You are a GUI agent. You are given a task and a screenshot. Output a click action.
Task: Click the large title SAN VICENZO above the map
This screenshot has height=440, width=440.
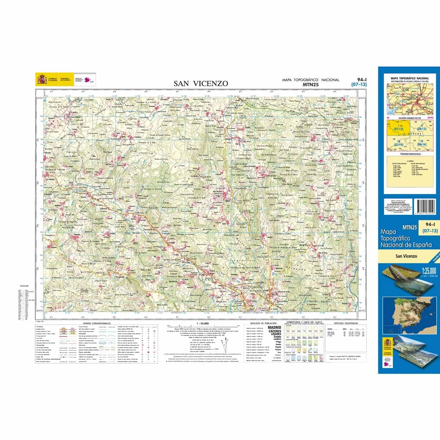201,84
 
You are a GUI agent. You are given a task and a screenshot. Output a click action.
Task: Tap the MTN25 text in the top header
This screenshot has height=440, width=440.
310,84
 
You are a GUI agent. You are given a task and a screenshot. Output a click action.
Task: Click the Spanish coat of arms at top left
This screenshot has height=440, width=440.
41,79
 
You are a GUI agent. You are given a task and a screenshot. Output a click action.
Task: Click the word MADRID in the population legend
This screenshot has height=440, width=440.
275,327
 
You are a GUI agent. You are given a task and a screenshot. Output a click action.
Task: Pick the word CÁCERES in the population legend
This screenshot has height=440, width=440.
275,331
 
